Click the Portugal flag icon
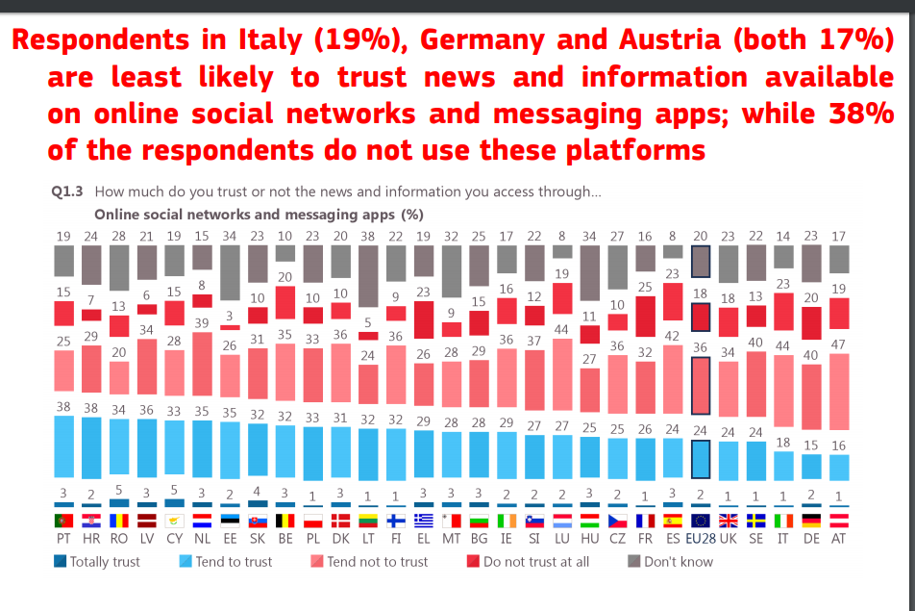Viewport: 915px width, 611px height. [x=63, y=521]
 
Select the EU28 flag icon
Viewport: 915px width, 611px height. [x=700, y=521]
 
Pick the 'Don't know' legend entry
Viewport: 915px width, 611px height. [x=671, y=561]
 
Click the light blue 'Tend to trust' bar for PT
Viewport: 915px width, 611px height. [x=63, y=447]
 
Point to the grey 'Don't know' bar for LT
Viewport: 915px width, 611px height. [x=368, y=277]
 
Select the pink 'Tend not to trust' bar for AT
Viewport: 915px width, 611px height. [x=838, y=392]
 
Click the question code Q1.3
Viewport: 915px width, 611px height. [x=66, y=191]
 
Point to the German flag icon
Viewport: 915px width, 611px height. [x=810, y=521]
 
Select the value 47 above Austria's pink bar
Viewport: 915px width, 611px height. [x=838, y=344]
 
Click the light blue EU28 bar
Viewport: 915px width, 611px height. [x=700, y=460]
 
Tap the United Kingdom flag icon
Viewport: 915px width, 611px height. [x=728, y=521]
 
